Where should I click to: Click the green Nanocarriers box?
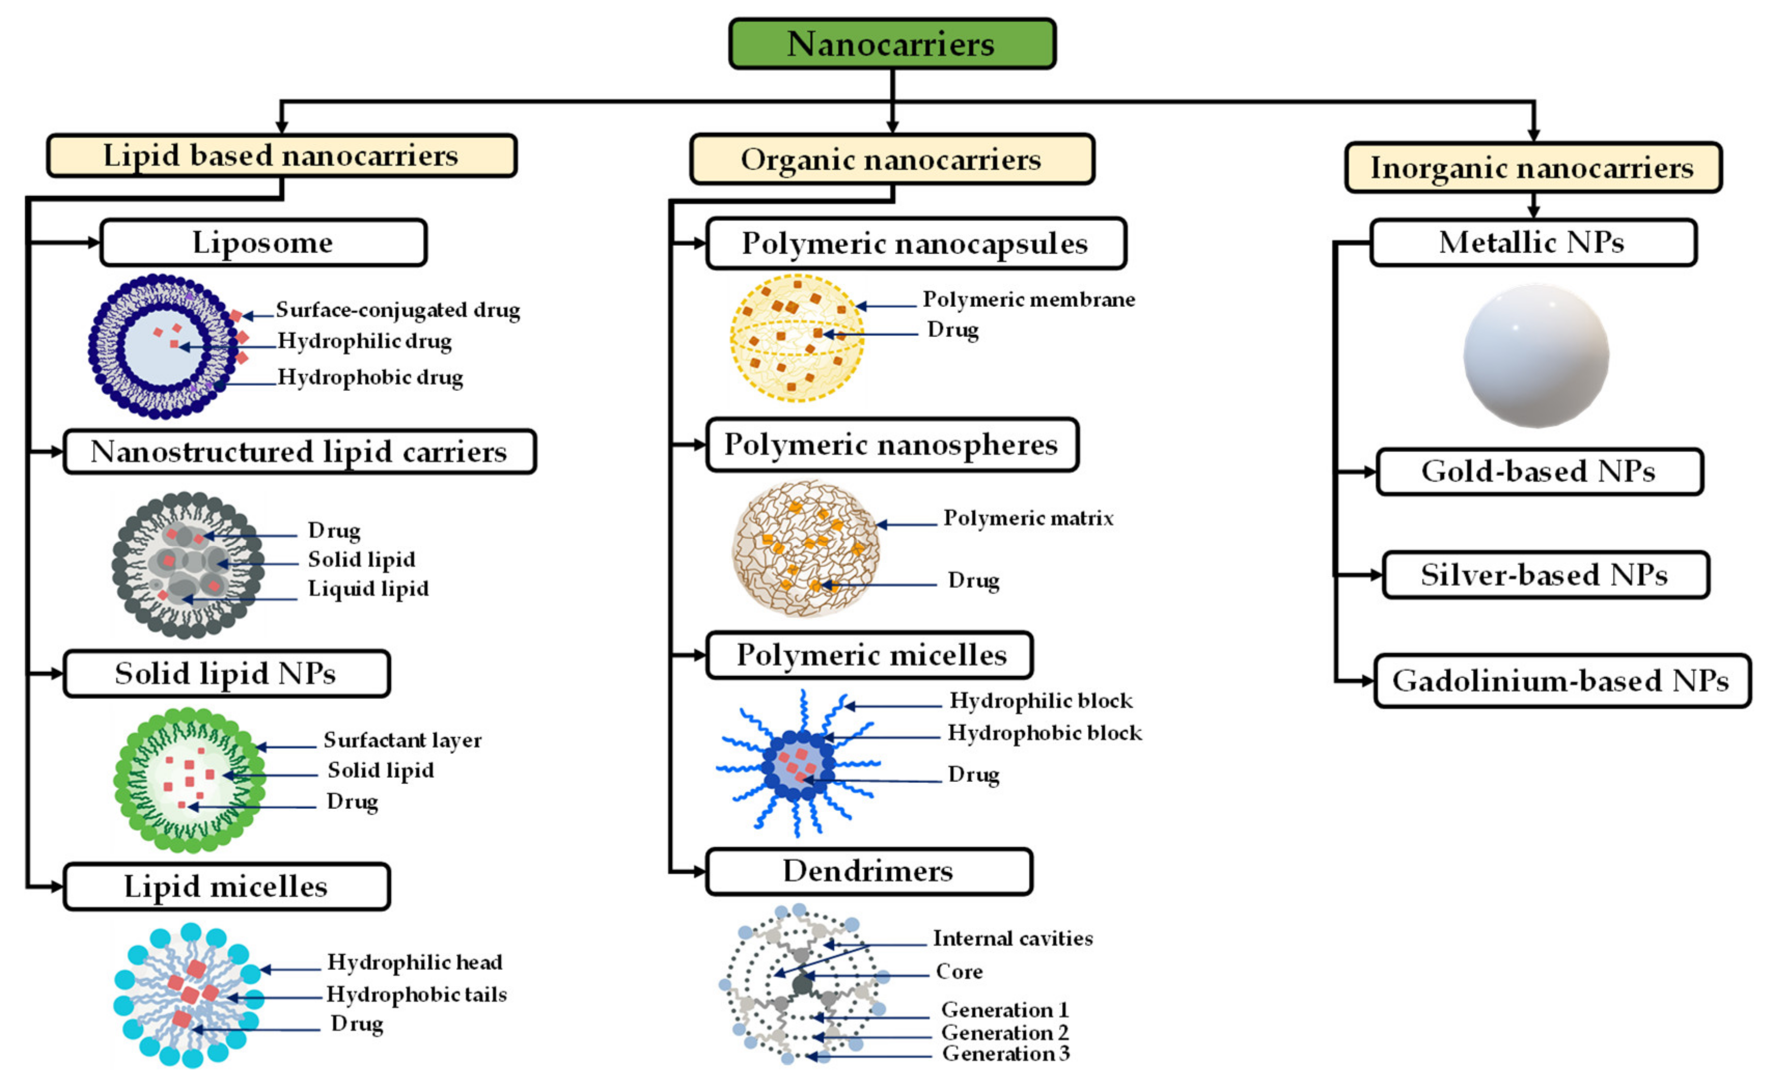892,44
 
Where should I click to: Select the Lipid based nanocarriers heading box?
282,156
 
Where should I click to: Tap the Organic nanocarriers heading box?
892,159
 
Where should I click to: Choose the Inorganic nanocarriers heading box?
1533,168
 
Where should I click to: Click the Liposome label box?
263,243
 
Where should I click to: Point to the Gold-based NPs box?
1539,472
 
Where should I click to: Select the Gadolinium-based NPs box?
1562,680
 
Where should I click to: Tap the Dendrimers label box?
869,872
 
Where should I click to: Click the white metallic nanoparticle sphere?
1536,356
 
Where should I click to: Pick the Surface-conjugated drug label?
398,310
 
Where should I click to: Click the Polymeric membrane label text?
1029,299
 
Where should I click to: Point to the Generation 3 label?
1006,1054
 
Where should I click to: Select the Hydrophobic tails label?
417,995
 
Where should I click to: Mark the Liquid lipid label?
368,589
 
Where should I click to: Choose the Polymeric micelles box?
869,655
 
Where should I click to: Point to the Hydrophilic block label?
1040,700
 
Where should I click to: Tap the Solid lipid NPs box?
226,674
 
